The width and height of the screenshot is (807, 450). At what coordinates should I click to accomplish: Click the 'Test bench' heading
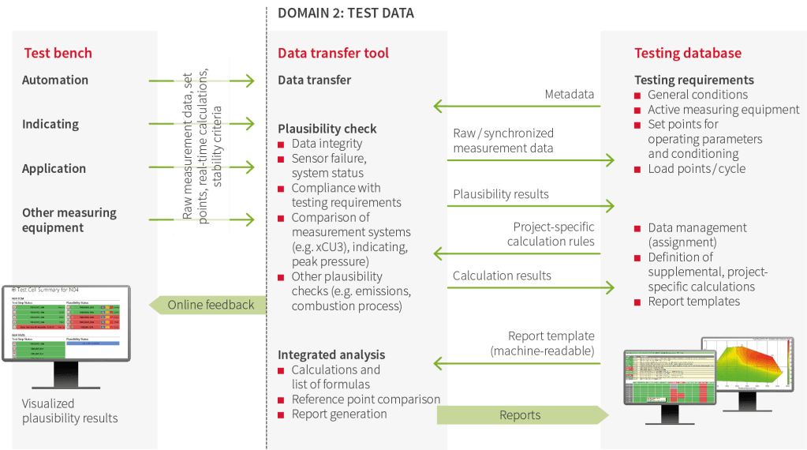[x=58, y=54]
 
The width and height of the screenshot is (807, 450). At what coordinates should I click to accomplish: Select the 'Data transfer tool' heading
[x=333, y=54]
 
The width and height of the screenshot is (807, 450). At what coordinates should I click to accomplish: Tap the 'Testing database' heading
[x=688, y=54]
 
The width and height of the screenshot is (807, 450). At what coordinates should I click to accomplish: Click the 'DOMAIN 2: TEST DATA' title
[x=346, y=13]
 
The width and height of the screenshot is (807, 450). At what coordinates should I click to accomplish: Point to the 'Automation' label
[x=55, y=80]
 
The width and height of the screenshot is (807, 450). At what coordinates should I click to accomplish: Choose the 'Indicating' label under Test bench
[x=50, y=124]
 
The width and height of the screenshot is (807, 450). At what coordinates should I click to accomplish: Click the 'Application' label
[x=54, y=168]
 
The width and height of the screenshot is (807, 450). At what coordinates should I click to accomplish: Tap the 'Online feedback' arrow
[x=210, y=305]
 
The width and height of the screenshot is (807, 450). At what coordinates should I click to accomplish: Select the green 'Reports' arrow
[x=521, y=415]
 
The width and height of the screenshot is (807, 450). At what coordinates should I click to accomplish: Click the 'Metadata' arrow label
[x=570, y=95]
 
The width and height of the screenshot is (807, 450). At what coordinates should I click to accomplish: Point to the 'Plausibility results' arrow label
[x=501, y=194]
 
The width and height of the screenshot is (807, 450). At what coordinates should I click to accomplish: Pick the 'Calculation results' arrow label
[x=502, y=276]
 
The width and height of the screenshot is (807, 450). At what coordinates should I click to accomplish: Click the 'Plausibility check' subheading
[x=327, y=129]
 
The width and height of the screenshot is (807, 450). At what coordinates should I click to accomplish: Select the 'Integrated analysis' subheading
[x=331, y=355]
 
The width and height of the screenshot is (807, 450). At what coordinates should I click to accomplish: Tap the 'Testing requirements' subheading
[x=694, y=80]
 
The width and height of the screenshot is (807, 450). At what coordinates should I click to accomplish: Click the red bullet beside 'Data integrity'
[x=282, y=144]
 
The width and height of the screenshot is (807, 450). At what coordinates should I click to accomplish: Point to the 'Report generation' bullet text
[x=339, y=414]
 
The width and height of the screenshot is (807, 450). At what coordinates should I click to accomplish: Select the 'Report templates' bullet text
[x=694, y=302]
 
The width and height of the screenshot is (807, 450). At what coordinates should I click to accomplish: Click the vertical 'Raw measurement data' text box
[x=202, y=145]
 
